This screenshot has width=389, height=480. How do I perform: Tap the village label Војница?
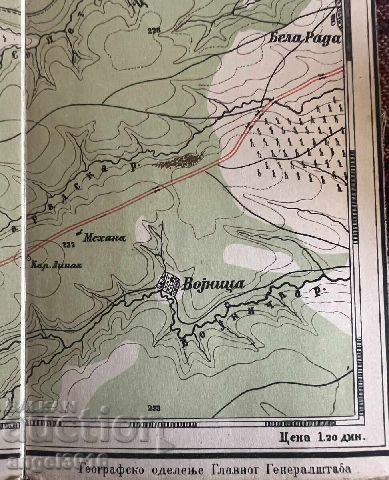coord(213,284)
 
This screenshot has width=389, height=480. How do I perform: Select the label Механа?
coord(105,238)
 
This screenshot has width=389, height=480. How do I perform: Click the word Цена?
coord(295,437)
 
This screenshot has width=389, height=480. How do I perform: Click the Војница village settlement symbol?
coord(168,284)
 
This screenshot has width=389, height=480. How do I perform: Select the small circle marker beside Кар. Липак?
coord(28,258)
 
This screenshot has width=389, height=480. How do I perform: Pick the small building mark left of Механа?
coord(79,232)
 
